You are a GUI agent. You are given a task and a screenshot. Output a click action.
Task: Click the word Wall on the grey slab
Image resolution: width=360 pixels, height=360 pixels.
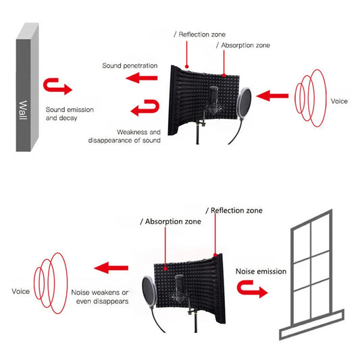[x=23, y=110]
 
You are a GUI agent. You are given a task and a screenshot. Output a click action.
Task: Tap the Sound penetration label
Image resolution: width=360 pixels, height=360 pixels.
[x=130, y=66]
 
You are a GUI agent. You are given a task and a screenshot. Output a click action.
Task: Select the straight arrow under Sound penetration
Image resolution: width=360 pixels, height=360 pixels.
[x=142, y=78]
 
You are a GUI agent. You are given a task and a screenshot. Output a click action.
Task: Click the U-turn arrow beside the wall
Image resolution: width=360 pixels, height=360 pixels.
[x=57, y=86]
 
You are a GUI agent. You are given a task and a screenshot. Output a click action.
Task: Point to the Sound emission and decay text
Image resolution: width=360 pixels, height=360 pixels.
[x=70, y=113]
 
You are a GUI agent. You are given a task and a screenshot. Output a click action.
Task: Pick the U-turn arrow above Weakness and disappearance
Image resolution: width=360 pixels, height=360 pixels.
[x=145, y=107]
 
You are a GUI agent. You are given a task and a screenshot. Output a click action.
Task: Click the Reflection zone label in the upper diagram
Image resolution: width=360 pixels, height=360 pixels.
[x=199, y=34]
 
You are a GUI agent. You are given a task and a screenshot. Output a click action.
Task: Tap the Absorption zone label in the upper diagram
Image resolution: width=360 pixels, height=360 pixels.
[x=243, y=45]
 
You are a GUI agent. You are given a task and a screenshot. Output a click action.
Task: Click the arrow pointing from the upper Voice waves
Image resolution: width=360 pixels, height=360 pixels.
[x=272, y=96]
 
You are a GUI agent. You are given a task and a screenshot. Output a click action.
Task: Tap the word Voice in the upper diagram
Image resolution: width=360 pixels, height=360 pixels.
[x=339, y=101]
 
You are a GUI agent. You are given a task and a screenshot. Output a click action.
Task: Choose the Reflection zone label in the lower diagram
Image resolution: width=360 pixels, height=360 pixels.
[x=234, y=211]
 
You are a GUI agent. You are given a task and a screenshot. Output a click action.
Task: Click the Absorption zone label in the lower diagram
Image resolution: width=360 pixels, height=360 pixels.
[x=171, y=222]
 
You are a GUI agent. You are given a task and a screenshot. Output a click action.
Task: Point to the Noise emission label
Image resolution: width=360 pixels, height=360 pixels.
[x=261, y=272]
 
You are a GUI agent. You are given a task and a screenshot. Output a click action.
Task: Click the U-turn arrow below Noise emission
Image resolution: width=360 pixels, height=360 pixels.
[x=252, y=288]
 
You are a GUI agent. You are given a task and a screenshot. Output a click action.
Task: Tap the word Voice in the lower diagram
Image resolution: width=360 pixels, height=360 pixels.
[x=21, y=291]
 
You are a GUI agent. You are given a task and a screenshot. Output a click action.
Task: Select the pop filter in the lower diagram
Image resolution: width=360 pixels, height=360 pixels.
[x=149, y=292]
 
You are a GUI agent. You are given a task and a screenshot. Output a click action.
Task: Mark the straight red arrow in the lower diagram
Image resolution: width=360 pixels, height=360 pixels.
[x=111, y=267]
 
